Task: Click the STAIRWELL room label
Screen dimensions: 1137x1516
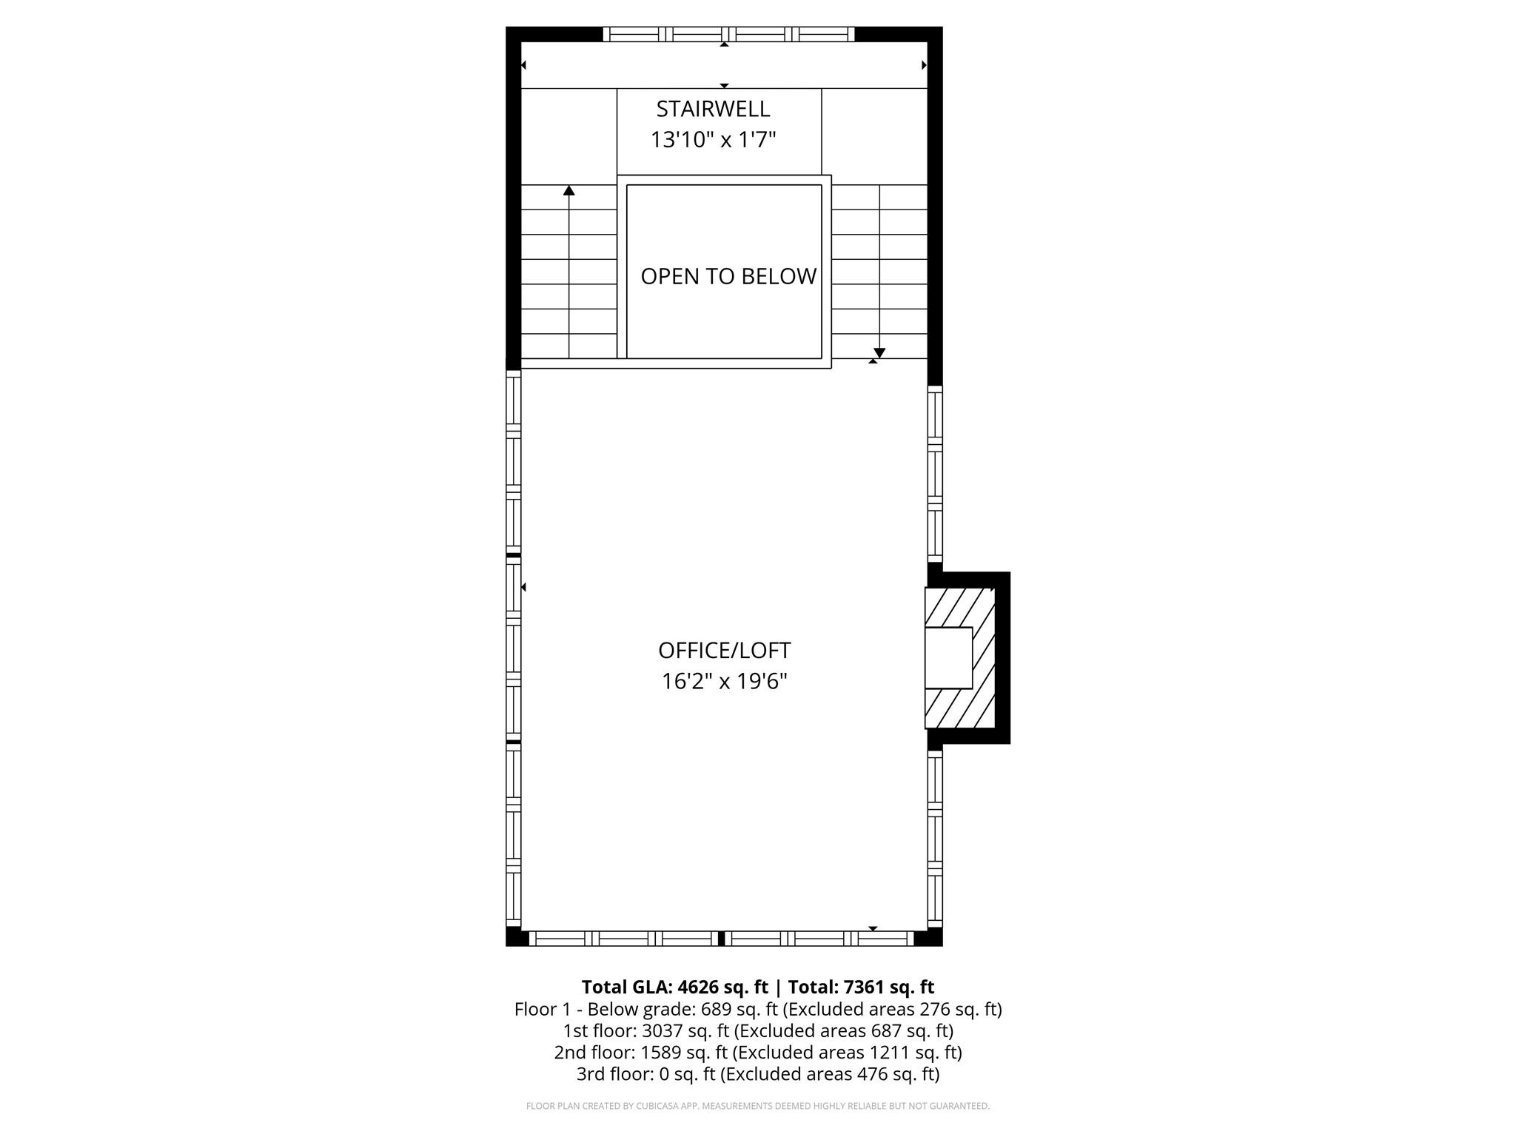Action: (x=713, y=109)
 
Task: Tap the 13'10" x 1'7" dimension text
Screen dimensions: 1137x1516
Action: (x=713, y=139)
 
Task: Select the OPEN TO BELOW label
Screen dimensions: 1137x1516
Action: (x=728, y=276)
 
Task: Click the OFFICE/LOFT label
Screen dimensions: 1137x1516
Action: (x=724, y=650)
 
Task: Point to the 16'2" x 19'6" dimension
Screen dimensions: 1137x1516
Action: (x=724, y=681)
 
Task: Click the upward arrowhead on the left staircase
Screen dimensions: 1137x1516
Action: (x=568, y=191)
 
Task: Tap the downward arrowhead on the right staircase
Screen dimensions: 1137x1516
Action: (x=879, y=352)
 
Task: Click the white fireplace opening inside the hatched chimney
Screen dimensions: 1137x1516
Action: (x=948, y=658)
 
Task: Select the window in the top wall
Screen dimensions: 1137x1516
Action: (x=728, y=34)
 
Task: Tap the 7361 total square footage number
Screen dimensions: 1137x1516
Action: (x=863, y=987)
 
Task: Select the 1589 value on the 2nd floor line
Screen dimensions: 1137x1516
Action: (x=660, y=1052)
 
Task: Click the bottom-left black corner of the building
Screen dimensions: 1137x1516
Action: (x=517, y=936)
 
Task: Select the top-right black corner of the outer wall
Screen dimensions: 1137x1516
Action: (x=933, y=35)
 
